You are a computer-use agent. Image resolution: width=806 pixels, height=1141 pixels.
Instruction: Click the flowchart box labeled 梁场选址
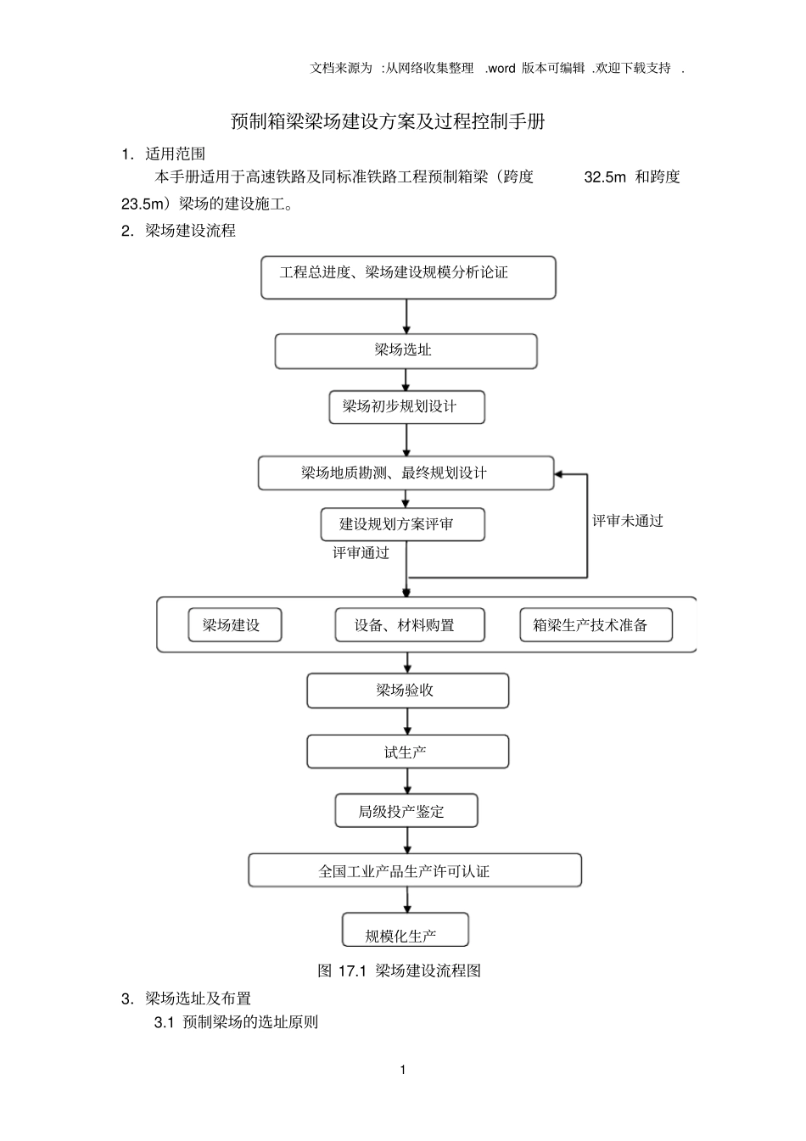[406, 350]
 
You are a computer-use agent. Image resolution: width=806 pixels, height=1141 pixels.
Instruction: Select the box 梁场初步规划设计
[406, 407]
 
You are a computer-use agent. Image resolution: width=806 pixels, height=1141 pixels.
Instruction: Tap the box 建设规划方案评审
[402, 524]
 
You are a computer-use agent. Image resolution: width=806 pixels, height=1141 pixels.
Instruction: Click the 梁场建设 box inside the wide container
[234, 625]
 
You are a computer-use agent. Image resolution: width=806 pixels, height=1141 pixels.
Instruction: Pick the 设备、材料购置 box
[409, 625]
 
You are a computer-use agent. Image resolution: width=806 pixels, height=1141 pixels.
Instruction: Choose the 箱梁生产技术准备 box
[596, 625]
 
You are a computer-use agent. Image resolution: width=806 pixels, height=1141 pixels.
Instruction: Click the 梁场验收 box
[407, 691]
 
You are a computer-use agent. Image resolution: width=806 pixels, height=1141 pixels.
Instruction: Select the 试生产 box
[407, 752]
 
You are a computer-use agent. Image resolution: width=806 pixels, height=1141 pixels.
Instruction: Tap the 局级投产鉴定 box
[406, 811]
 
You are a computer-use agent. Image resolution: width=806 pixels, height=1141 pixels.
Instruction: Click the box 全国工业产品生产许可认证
[414, 870]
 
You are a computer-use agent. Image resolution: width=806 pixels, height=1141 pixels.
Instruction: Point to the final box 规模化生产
[405, 931]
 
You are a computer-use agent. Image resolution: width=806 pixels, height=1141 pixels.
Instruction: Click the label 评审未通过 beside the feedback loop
[627, 521]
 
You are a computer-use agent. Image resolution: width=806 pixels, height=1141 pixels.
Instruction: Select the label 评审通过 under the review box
[361, 553]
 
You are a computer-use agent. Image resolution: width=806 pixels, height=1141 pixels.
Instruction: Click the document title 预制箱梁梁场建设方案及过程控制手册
[388, 121]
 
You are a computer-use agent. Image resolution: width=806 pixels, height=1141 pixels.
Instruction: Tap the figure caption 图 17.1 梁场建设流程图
[399, 970]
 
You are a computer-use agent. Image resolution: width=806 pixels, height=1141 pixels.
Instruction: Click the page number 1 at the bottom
[402, 1070]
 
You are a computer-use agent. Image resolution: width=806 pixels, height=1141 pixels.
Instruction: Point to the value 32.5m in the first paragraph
[605, 177]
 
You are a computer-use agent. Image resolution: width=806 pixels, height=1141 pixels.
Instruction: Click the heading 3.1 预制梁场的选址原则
[236, 1022]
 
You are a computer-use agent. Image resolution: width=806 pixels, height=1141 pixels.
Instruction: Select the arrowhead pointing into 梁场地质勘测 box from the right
[560, 473]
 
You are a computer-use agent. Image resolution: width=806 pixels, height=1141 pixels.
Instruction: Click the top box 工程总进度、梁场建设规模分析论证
[407, 277]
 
